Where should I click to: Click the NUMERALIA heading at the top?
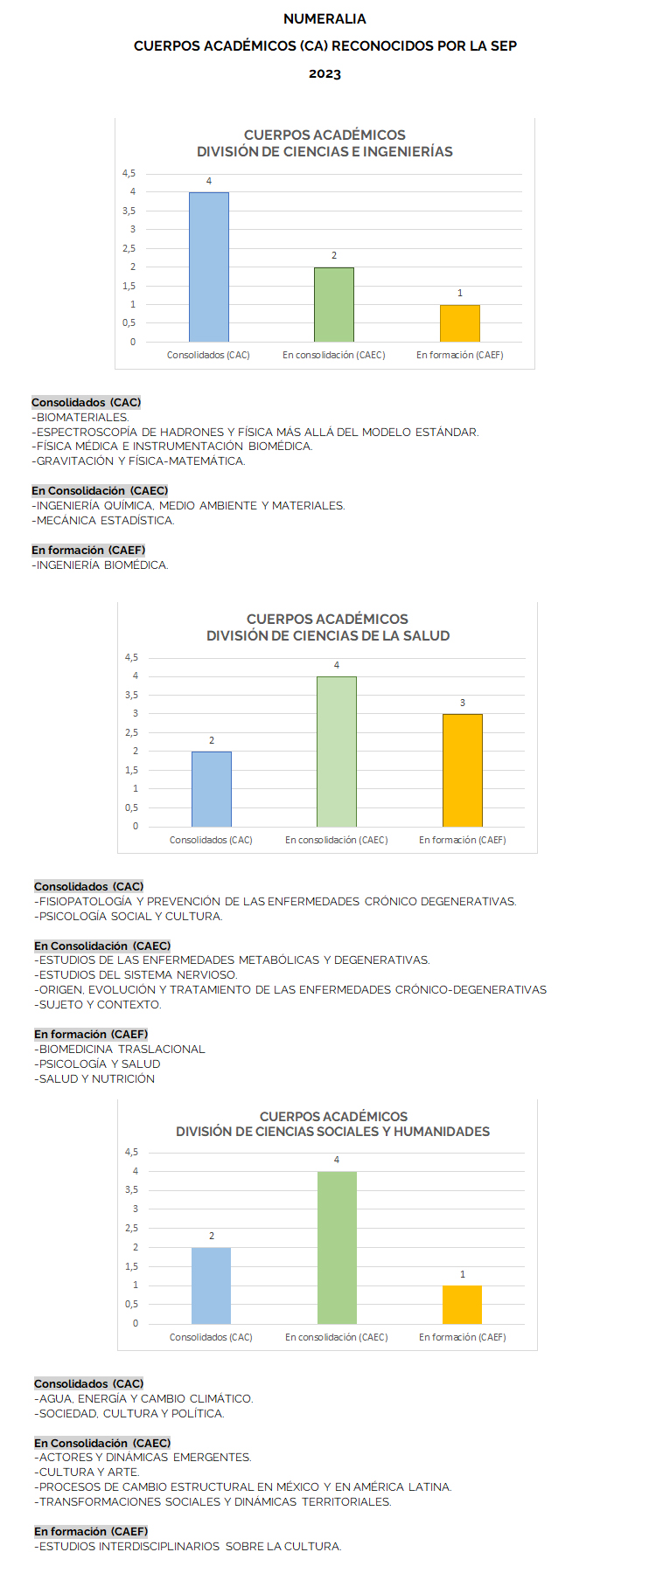tap(325, 18)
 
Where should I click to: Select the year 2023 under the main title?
tap(325, 74)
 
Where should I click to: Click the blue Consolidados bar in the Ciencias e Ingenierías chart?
tap(209, 267)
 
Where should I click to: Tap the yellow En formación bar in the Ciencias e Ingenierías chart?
tap(460, 323)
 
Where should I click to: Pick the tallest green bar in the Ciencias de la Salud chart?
tap(337, 752)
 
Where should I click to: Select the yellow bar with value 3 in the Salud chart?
tap(463, 770)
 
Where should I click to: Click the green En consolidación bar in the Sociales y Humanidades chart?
tap(337, 1247)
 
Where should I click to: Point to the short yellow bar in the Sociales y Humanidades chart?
tap(462, 1305)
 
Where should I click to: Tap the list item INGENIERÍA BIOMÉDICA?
tap(101, 565)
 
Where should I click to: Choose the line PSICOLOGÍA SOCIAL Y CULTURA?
tap(129, 917)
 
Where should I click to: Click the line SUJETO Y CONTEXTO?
tap(98, 1005)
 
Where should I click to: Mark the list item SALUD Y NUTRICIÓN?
tap(95, 1079)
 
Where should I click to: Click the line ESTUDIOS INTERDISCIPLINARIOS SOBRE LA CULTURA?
tap(188, 1547)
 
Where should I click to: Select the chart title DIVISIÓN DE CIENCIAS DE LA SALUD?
tap(328, 636)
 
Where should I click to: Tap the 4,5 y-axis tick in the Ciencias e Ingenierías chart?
tap(129, 173)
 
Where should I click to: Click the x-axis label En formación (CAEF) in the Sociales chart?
tap(462, 1337)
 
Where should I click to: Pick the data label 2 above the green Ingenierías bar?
tap(334, 256)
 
